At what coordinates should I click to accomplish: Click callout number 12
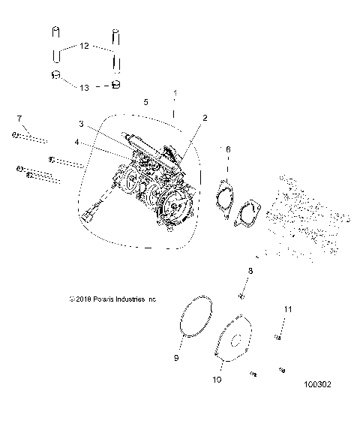[84, 47]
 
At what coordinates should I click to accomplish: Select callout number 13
[84, 87]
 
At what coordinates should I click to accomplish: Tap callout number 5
[145, 101]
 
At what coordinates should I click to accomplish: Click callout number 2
[205, 118]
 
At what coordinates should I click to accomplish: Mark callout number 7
[20, 118]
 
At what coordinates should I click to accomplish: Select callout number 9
[176, 359]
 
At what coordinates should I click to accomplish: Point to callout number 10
[217, 380]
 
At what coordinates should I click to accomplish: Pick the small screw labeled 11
[277, 338]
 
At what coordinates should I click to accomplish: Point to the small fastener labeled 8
[241, 293]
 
